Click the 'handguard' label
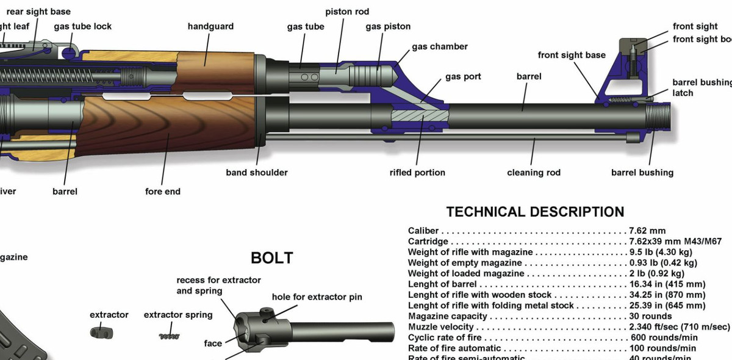210,26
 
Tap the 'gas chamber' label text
440,46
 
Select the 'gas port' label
463,76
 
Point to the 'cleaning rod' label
534,173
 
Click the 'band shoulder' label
257,173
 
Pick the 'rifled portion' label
417,173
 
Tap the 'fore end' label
163,192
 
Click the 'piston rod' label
347,12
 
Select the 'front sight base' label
572,55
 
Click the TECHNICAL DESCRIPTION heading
535,212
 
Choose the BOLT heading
272,258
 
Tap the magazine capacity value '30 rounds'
651,316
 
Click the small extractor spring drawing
169,336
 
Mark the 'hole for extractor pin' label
317,297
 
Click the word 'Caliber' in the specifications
423,231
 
